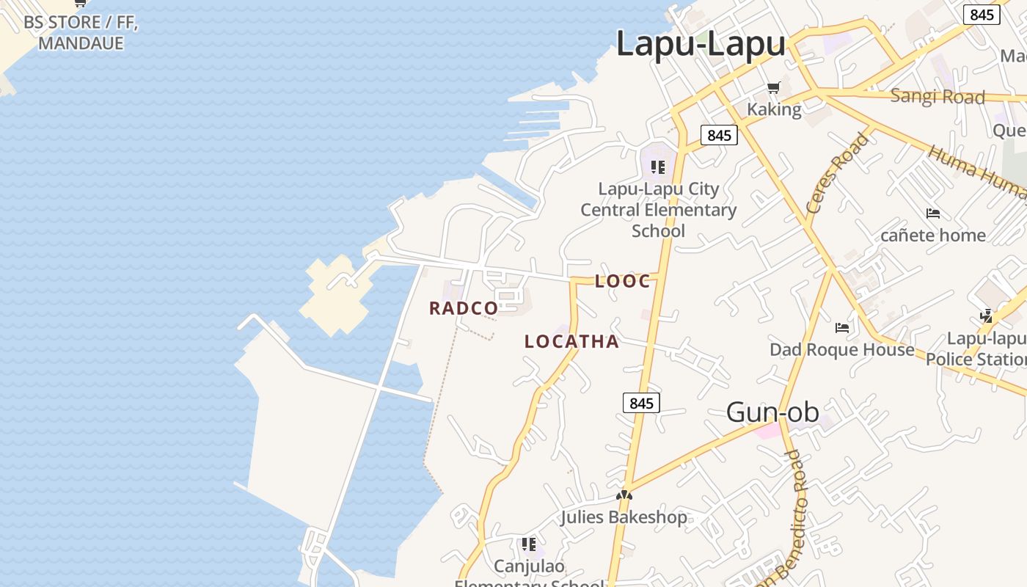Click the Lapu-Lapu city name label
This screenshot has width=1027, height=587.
701,44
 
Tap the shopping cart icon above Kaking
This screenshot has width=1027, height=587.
773,89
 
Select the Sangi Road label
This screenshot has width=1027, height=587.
937,96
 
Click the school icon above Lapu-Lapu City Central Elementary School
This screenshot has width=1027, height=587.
658,167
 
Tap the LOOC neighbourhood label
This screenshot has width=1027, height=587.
622,281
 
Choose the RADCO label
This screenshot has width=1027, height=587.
464,308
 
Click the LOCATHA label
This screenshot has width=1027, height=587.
571,341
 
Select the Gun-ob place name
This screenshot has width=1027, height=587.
772,412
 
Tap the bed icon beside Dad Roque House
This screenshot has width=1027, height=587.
842,327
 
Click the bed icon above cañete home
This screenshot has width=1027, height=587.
933,214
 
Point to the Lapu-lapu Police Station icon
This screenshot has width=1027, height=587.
987,316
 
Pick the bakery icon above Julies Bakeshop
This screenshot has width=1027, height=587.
624,495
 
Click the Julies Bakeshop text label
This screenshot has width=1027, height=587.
624,517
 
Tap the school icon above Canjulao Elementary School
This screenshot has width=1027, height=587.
528,544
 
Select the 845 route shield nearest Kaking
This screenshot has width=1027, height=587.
719,135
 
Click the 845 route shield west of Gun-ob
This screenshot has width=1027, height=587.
641,403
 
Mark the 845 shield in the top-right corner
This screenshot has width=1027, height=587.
981,15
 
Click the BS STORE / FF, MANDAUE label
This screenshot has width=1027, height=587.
81,32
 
